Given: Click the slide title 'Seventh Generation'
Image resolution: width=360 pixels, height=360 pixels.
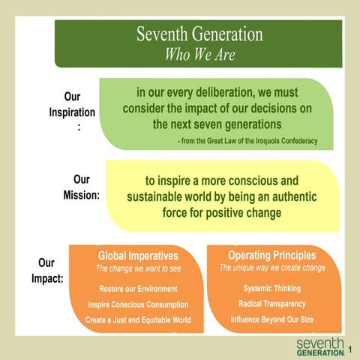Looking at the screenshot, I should (x=199, y=34).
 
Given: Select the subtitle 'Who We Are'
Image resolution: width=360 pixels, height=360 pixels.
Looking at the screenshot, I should (x=199, y=54).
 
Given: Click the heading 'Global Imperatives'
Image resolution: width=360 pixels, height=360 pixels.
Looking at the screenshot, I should (x=138, y=256).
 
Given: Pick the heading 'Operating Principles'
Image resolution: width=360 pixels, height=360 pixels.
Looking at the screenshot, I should (x=272, y=255).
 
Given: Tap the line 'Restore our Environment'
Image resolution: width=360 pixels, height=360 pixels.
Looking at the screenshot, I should (x=138, y=289).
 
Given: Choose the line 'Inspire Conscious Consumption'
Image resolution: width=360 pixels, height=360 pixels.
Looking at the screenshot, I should (x=138, y=304).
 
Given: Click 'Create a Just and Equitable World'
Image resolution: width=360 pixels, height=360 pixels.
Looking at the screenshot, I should (x=138, y=320).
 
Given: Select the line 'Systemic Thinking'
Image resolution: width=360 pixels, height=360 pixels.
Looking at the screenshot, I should (x=272, y=288).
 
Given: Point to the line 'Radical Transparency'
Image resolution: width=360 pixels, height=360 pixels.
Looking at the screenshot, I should (x=272, y=304).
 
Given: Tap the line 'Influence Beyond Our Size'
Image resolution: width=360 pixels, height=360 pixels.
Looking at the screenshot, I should (x=272, y=319).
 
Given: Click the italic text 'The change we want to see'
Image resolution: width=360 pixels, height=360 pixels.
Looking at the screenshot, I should (x=138, y=268).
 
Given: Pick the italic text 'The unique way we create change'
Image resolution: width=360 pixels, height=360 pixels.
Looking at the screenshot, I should (x=272, y=268).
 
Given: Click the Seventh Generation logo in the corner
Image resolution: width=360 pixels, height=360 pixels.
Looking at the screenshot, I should (x=319, y=346).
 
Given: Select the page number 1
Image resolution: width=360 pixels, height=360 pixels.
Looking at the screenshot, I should (x=349, y=348).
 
